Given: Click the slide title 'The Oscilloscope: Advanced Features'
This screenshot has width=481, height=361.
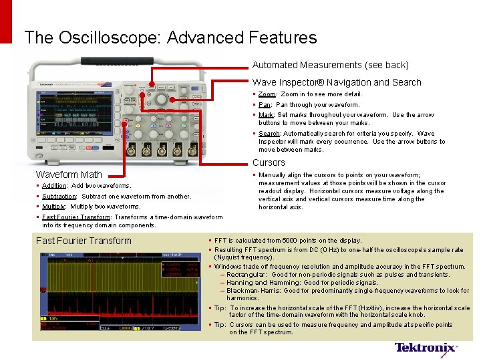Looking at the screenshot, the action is (170, 37).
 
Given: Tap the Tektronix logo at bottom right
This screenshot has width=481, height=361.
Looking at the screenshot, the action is (426, 348).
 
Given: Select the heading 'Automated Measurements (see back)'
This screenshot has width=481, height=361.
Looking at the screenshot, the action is (330, 65).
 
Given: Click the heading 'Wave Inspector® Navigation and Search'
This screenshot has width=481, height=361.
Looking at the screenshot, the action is (337, 82).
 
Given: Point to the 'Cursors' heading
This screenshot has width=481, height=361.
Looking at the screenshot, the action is (269, 162).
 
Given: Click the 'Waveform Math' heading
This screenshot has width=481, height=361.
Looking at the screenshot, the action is (69, 174).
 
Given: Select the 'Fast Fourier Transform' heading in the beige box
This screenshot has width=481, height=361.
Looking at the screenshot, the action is (84, 241).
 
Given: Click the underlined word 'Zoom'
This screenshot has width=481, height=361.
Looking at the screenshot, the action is (267, 94).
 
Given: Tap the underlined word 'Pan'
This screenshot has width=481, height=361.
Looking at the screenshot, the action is (265, 104).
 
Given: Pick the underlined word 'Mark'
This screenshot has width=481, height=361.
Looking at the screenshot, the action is (266, 115).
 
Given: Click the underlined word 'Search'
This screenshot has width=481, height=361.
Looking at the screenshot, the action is (269, 134).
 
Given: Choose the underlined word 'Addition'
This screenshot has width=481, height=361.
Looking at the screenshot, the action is (54, 186).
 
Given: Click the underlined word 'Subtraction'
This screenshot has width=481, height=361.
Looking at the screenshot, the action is (59, 197).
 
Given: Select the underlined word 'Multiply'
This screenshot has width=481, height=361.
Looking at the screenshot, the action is (53, 207).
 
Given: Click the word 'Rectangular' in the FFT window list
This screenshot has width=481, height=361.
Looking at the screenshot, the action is (247, 275).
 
